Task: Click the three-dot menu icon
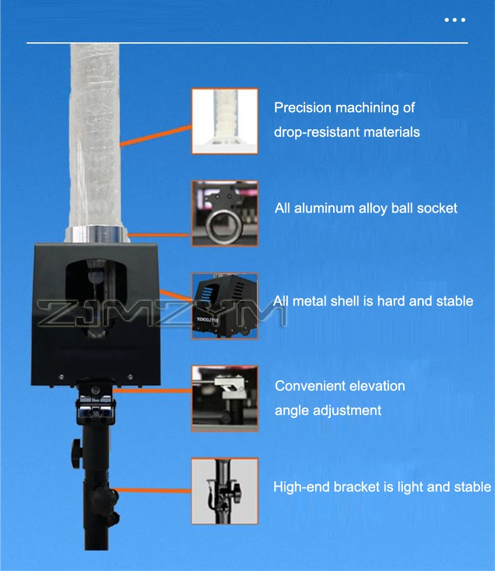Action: click(x=455, y=20)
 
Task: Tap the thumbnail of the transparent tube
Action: click(x=225, y=120)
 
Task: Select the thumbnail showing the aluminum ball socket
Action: click(x=225, y=213)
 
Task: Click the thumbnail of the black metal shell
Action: click(x=225, y=305)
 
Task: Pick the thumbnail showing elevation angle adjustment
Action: click(x=225, y=398)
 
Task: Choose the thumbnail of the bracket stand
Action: click(x=225, y=491)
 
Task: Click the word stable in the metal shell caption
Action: click(x=454, y=301)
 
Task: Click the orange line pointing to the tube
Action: click(x=155, y=135)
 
